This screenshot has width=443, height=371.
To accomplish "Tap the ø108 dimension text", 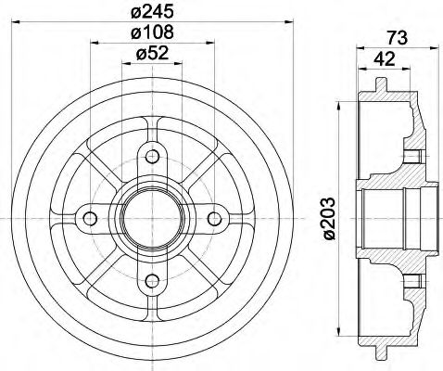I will [153, 33].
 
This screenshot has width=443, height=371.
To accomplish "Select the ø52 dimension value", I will [153, 54].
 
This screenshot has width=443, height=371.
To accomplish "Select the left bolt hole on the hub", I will [91, 218].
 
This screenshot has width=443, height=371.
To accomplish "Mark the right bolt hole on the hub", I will [215, 218].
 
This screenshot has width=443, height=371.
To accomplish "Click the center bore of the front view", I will [153, 218].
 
